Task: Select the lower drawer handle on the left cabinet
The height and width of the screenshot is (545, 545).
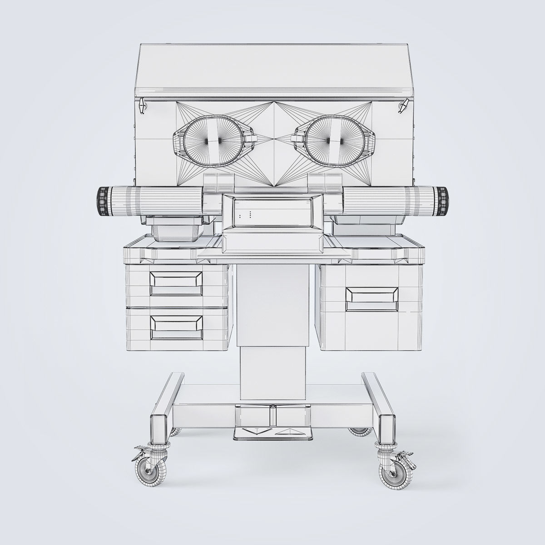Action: pyautogui.click(x=177, y=326)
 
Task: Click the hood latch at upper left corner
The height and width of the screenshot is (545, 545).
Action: pyautogui.click(x=142, y=106)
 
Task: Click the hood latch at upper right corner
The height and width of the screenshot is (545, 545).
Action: pyautogui.click(x=402, y=106)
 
